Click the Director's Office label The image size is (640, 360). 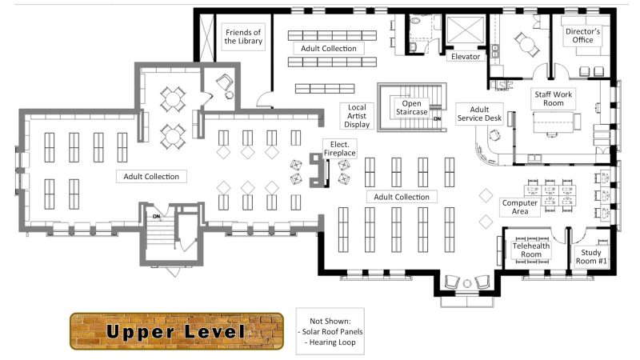coord(582,37)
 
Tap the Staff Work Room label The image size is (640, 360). coord(554,99)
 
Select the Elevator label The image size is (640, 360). coord(465,57)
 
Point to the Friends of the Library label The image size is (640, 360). coord(244,36)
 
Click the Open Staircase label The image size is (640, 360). coord(411,107)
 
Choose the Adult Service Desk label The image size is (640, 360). coord(479,114)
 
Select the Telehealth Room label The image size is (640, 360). coord(532,251)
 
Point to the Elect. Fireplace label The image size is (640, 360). coord(339,147)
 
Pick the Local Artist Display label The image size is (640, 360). coord(357,116)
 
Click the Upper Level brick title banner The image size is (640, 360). coord(176,330)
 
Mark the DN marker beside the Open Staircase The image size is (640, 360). coord(438,119)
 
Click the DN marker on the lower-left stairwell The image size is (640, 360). coord(158,216)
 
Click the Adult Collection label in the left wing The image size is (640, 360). coord(151,176)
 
